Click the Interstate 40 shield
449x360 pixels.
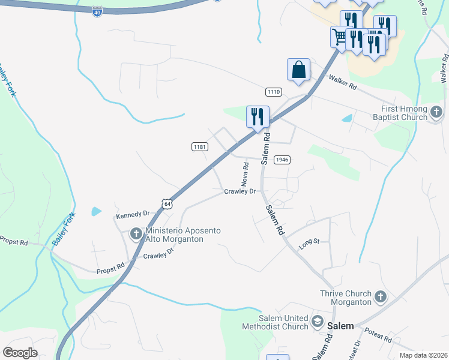[98, 11]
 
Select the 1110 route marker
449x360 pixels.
[274, 91]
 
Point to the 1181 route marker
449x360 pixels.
[199, 146]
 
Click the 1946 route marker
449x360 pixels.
[282, 160]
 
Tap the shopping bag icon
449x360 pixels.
[298, 70]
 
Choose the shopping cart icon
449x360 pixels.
[340, 36]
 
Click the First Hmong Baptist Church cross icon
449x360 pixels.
[436, 112]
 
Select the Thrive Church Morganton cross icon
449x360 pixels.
[380, 297]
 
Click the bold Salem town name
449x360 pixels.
[342, 325]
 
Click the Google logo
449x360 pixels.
[20, 353]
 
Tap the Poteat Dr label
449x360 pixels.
[357, 348]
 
